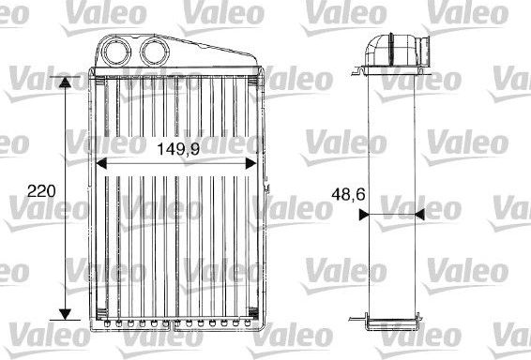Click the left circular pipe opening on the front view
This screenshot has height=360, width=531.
click(x=119, y=51)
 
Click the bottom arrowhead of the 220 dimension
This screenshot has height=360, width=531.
click(x=65, y=312)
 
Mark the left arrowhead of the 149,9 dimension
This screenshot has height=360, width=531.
click(x=102, y=161)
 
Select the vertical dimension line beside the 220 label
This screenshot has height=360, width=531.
click(x=65, y=234)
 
